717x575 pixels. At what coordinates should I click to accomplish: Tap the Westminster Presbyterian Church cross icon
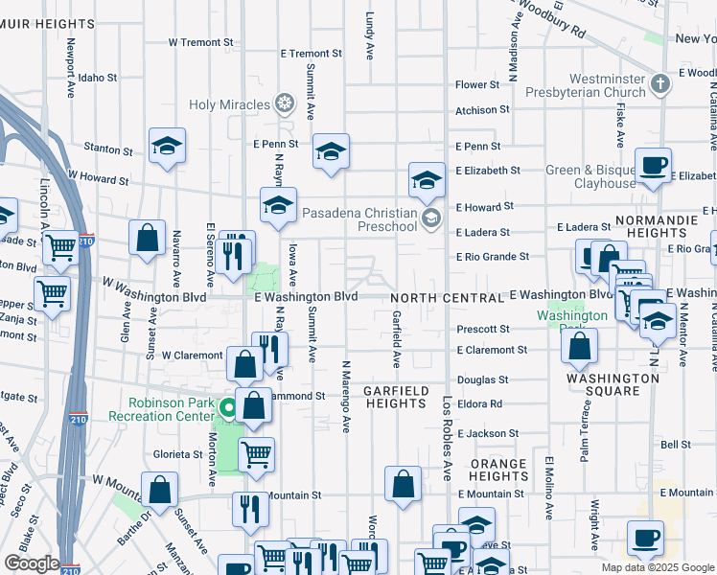[659, 84]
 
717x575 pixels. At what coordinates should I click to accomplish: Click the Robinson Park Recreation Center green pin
[228, 409]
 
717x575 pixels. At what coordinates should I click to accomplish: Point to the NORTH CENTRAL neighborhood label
[446, 298]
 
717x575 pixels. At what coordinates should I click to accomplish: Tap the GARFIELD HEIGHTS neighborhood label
[395, 398]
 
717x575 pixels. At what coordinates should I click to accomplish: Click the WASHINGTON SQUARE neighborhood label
[613, 384]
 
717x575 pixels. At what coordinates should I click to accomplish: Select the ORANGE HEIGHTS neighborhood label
[498, 470]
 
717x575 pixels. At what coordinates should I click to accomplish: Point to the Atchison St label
[477, 111]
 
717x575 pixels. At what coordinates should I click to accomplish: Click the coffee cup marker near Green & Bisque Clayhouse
[653, 165]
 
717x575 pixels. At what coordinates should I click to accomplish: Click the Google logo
[31, 563]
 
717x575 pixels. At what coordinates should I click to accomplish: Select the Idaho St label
[98, 78]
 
